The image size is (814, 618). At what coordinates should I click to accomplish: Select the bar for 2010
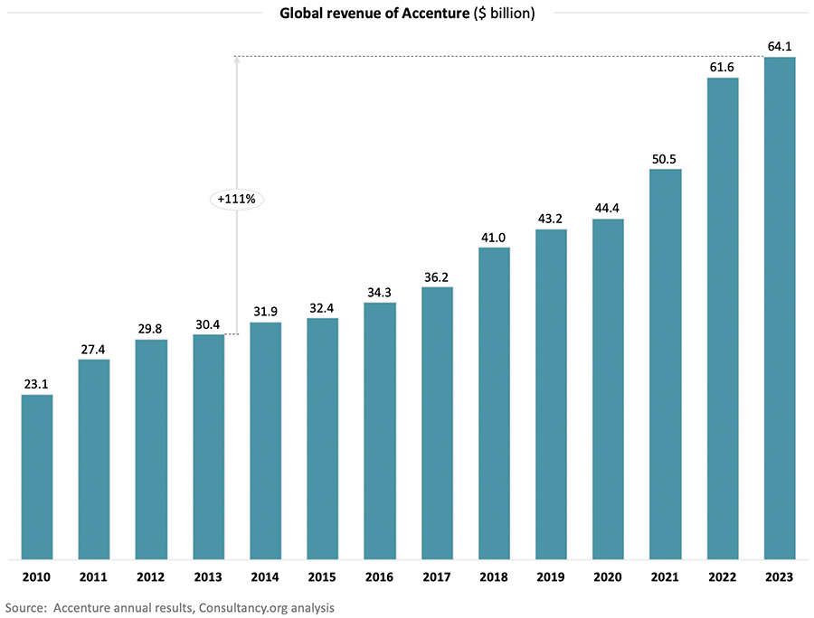[37, 476]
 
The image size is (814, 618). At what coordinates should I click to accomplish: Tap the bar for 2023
[780, 307]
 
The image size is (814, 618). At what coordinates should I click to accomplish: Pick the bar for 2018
[494, 402]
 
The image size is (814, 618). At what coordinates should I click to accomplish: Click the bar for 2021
[666, 363]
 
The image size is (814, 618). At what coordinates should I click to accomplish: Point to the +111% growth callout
[236, 199]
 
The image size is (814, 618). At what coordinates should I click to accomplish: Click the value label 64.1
[780, 44]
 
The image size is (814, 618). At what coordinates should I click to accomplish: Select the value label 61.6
[723, 65]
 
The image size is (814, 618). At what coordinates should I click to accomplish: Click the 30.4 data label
[208, 323]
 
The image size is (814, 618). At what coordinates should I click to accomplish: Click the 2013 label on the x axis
[208, 576]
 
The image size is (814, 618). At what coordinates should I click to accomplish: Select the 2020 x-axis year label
[608, 576]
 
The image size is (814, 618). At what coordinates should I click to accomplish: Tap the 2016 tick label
[380, 576]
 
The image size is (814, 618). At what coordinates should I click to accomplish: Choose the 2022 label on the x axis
[723, 576]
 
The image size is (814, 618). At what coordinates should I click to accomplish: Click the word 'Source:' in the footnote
[27, 608]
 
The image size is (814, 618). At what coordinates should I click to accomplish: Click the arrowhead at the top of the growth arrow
[236, 61]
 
